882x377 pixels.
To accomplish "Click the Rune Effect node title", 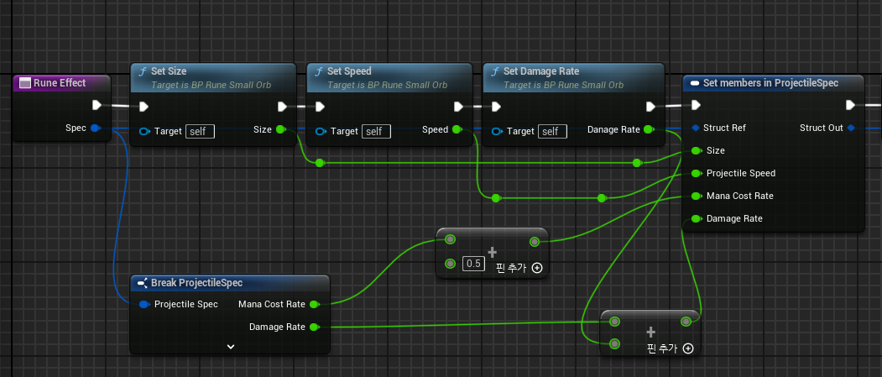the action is (x=60, y=83).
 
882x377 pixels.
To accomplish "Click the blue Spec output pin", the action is (x=95, y=128).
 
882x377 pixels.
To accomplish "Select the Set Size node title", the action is (x=170, y=71).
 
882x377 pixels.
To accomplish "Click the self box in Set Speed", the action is (x=376, y=131).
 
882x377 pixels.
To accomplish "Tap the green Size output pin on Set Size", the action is (x=280, y=129).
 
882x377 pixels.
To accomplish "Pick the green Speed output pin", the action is (x=457, y=129).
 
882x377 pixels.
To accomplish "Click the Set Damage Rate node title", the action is (x=541, y=71).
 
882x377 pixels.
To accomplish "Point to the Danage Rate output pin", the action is (x=649, y=129).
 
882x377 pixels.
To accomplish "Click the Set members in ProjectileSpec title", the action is (x=770, y=83).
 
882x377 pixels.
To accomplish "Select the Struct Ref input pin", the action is (x=696, y=128).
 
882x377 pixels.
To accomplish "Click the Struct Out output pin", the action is (x=850, y=128).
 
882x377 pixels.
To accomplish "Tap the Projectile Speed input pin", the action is (x=697, y=173).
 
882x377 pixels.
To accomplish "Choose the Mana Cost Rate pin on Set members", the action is (x=697, y=196).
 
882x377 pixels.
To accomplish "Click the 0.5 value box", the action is (x=473, y=263).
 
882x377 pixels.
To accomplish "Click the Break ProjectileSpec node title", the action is (x=197, y=282).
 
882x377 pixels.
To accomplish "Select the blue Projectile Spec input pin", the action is (x=144, y=305).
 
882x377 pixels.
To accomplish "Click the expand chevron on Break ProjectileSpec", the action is (x=230, y=347).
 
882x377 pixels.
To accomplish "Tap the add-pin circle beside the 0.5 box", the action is (x=536, y=268).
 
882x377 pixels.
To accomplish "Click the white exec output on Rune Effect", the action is (x=97, y=105).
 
